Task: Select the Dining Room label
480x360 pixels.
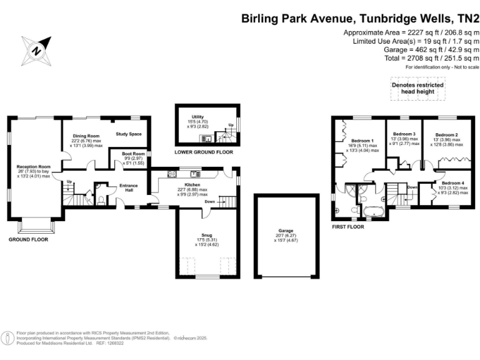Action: [x=86, y=136]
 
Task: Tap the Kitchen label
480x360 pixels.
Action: [x=192, y=185]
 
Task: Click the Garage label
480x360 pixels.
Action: [x=286, y=231]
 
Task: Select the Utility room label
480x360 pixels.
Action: [x=198, y=117]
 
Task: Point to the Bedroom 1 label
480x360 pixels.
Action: [x=362, y=141]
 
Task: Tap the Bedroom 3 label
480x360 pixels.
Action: [x=404, y=134]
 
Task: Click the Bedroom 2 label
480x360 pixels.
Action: [x=447, y=134]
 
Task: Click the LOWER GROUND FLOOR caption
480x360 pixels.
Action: [x=202, y=152]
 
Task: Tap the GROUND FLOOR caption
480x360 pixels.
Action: [x=28, y=239]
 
